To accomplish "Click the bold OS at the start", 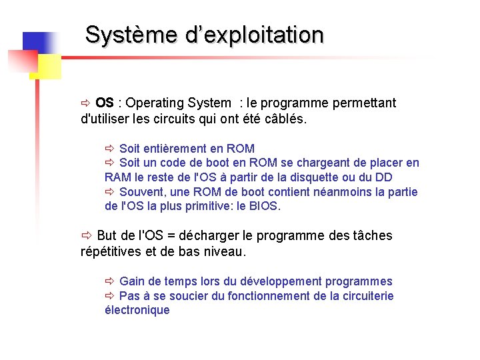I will tap(104, 103).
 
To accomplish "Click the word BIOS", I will tap(265, 206).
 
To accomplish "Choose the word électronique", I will tap(137, 310).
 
